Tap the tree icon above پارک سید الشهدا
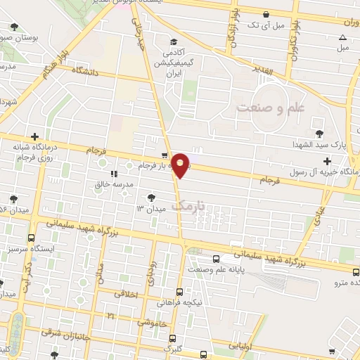click(319, 132)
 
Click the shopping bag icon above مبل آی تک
click(265, 14)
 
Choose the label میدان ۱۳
click(150, 209)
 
